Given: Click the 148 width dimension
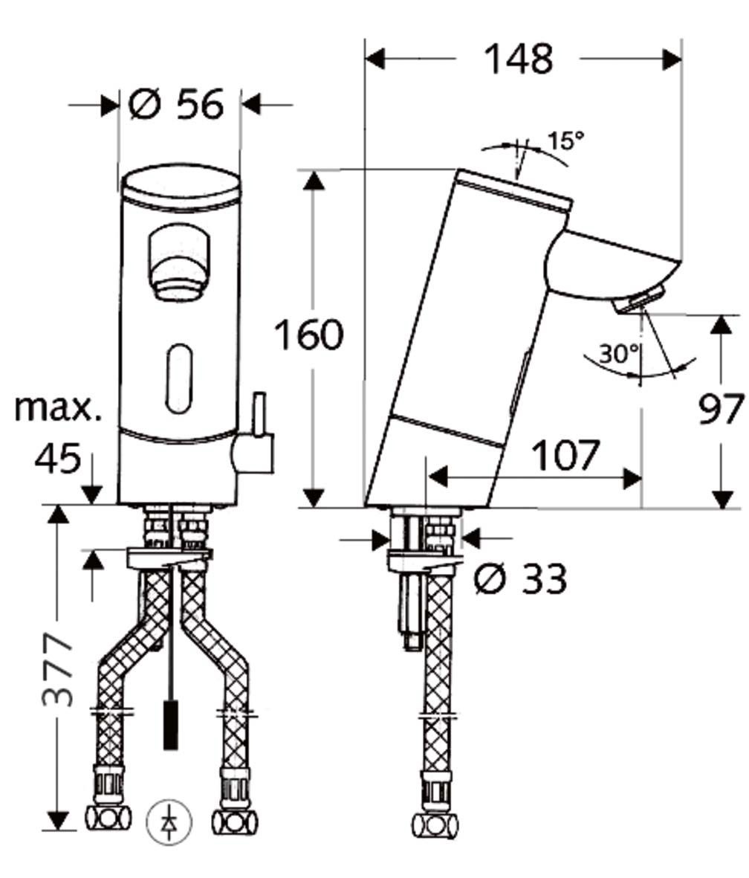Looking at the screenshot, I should coord(518,59).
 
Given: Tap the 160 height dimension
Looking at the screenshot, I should coord(309,335).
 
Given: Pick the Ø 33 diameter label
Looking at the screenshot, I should coord(521,578).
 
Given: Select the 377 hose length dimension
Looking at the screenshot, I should coord(58,670).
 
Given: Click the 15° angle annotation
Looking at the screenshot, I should coord(565,141).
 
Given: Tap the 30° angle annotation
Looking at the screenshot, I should coord(618,354).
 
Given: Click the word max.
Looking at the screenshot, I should coord(58,407).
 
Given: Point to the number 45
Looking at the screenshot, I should coord(57,459).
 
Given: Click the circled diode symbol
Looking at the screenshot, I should coord(169,822).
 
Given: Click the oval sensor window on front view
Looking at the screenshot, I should coord(178,378).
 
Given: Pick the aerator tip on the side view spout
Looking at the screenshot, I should coord(638,300).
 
